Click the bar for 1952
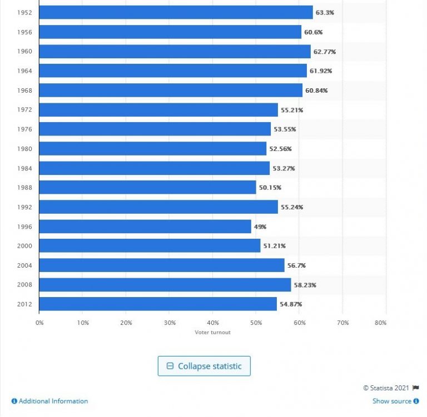[x=176, y=12]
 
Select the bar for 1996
[x=145, y=227]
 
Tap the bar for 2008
[x=165, y=285]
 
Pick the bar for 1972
[x=158, y=110]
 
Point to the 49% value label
[x=261, y=227]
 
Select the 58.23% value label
[x=305, y=285]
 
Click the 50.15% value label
[x=271, y=188]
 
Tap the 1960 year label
[x=24, y=52]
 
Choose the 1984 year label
[x=24, y=168]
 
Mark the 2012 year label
[x=24, y=304]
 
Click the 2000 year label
[x=24, y=246]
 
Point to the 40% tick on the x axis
[x=213, y=322]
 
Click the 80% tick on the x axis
[x=381, y=322]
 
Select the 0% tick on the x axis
[x=39, y=322]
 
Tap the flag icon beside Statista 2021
[x=415, y=388]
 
